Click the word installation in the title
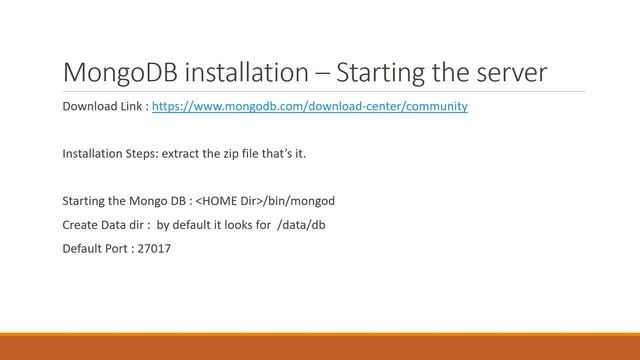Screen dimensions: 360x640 tap(245, 73)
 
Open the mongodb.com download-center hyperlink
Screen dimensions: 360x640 tap(309, 105)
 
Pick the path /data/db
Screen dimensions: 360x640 tap(301, 224)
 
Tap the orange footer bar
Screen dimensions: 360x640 tap(320, 348)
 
